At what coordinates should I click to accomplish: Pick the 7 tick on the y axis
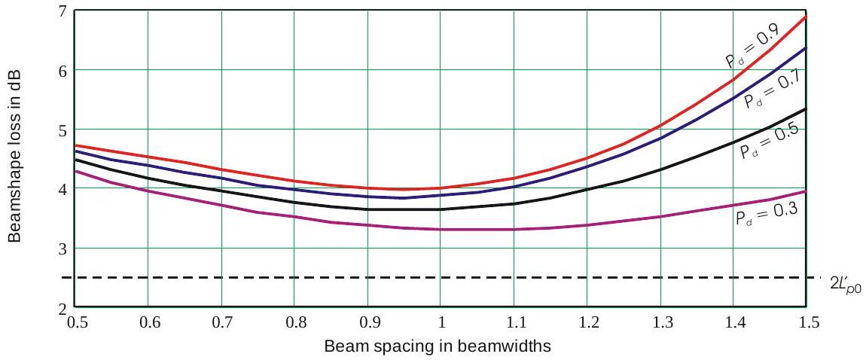point(63,11)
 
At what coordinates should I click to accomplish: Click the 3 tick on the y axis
point(63,249)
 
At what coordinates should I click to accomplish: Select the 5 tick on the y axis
point(63,130)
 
